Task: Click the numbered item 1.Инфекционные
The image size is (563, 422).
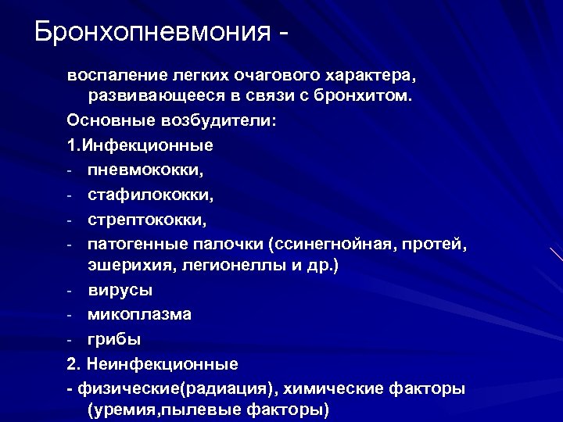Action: coord(140,146)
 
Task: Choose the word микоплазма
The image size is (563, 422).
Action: coord(140,315)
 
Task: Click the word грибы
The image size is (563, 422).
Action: coord(115,340)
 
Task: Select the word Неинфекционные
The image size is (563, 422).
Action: coord(163,364)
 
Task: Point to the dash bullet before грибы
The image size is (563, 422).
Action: coord(70,340)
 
